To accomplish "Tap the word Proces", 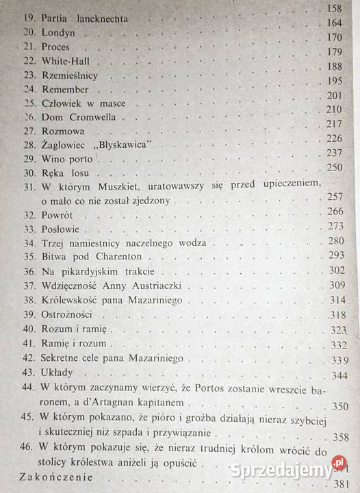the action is [55, 47].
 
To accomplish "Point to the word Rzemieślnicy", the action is [70, 75].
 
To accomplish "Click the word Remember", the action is [65, 90].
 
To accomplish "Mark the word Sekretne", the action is [63, 358].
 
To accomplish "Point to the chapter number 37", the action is [29, 286].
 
